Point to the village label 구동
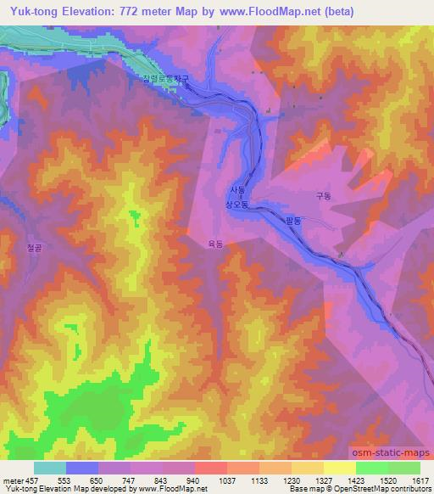click(x=322, y=194)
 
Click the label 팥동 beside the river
click(x=294, y=219)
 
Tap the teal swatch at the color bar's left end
click(x=50, y=467)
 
